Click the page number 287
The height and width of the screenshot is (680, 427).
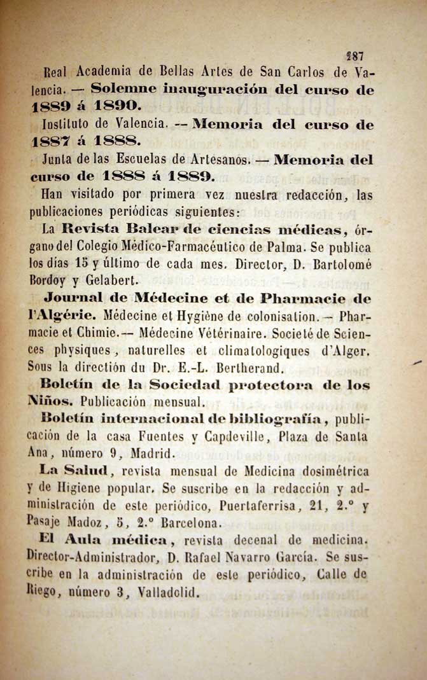coord(354,57)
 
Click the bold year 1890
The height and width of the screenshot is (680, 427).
coord(122,102)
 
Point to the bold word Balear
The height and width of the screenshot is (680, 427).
coord(153,228)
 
